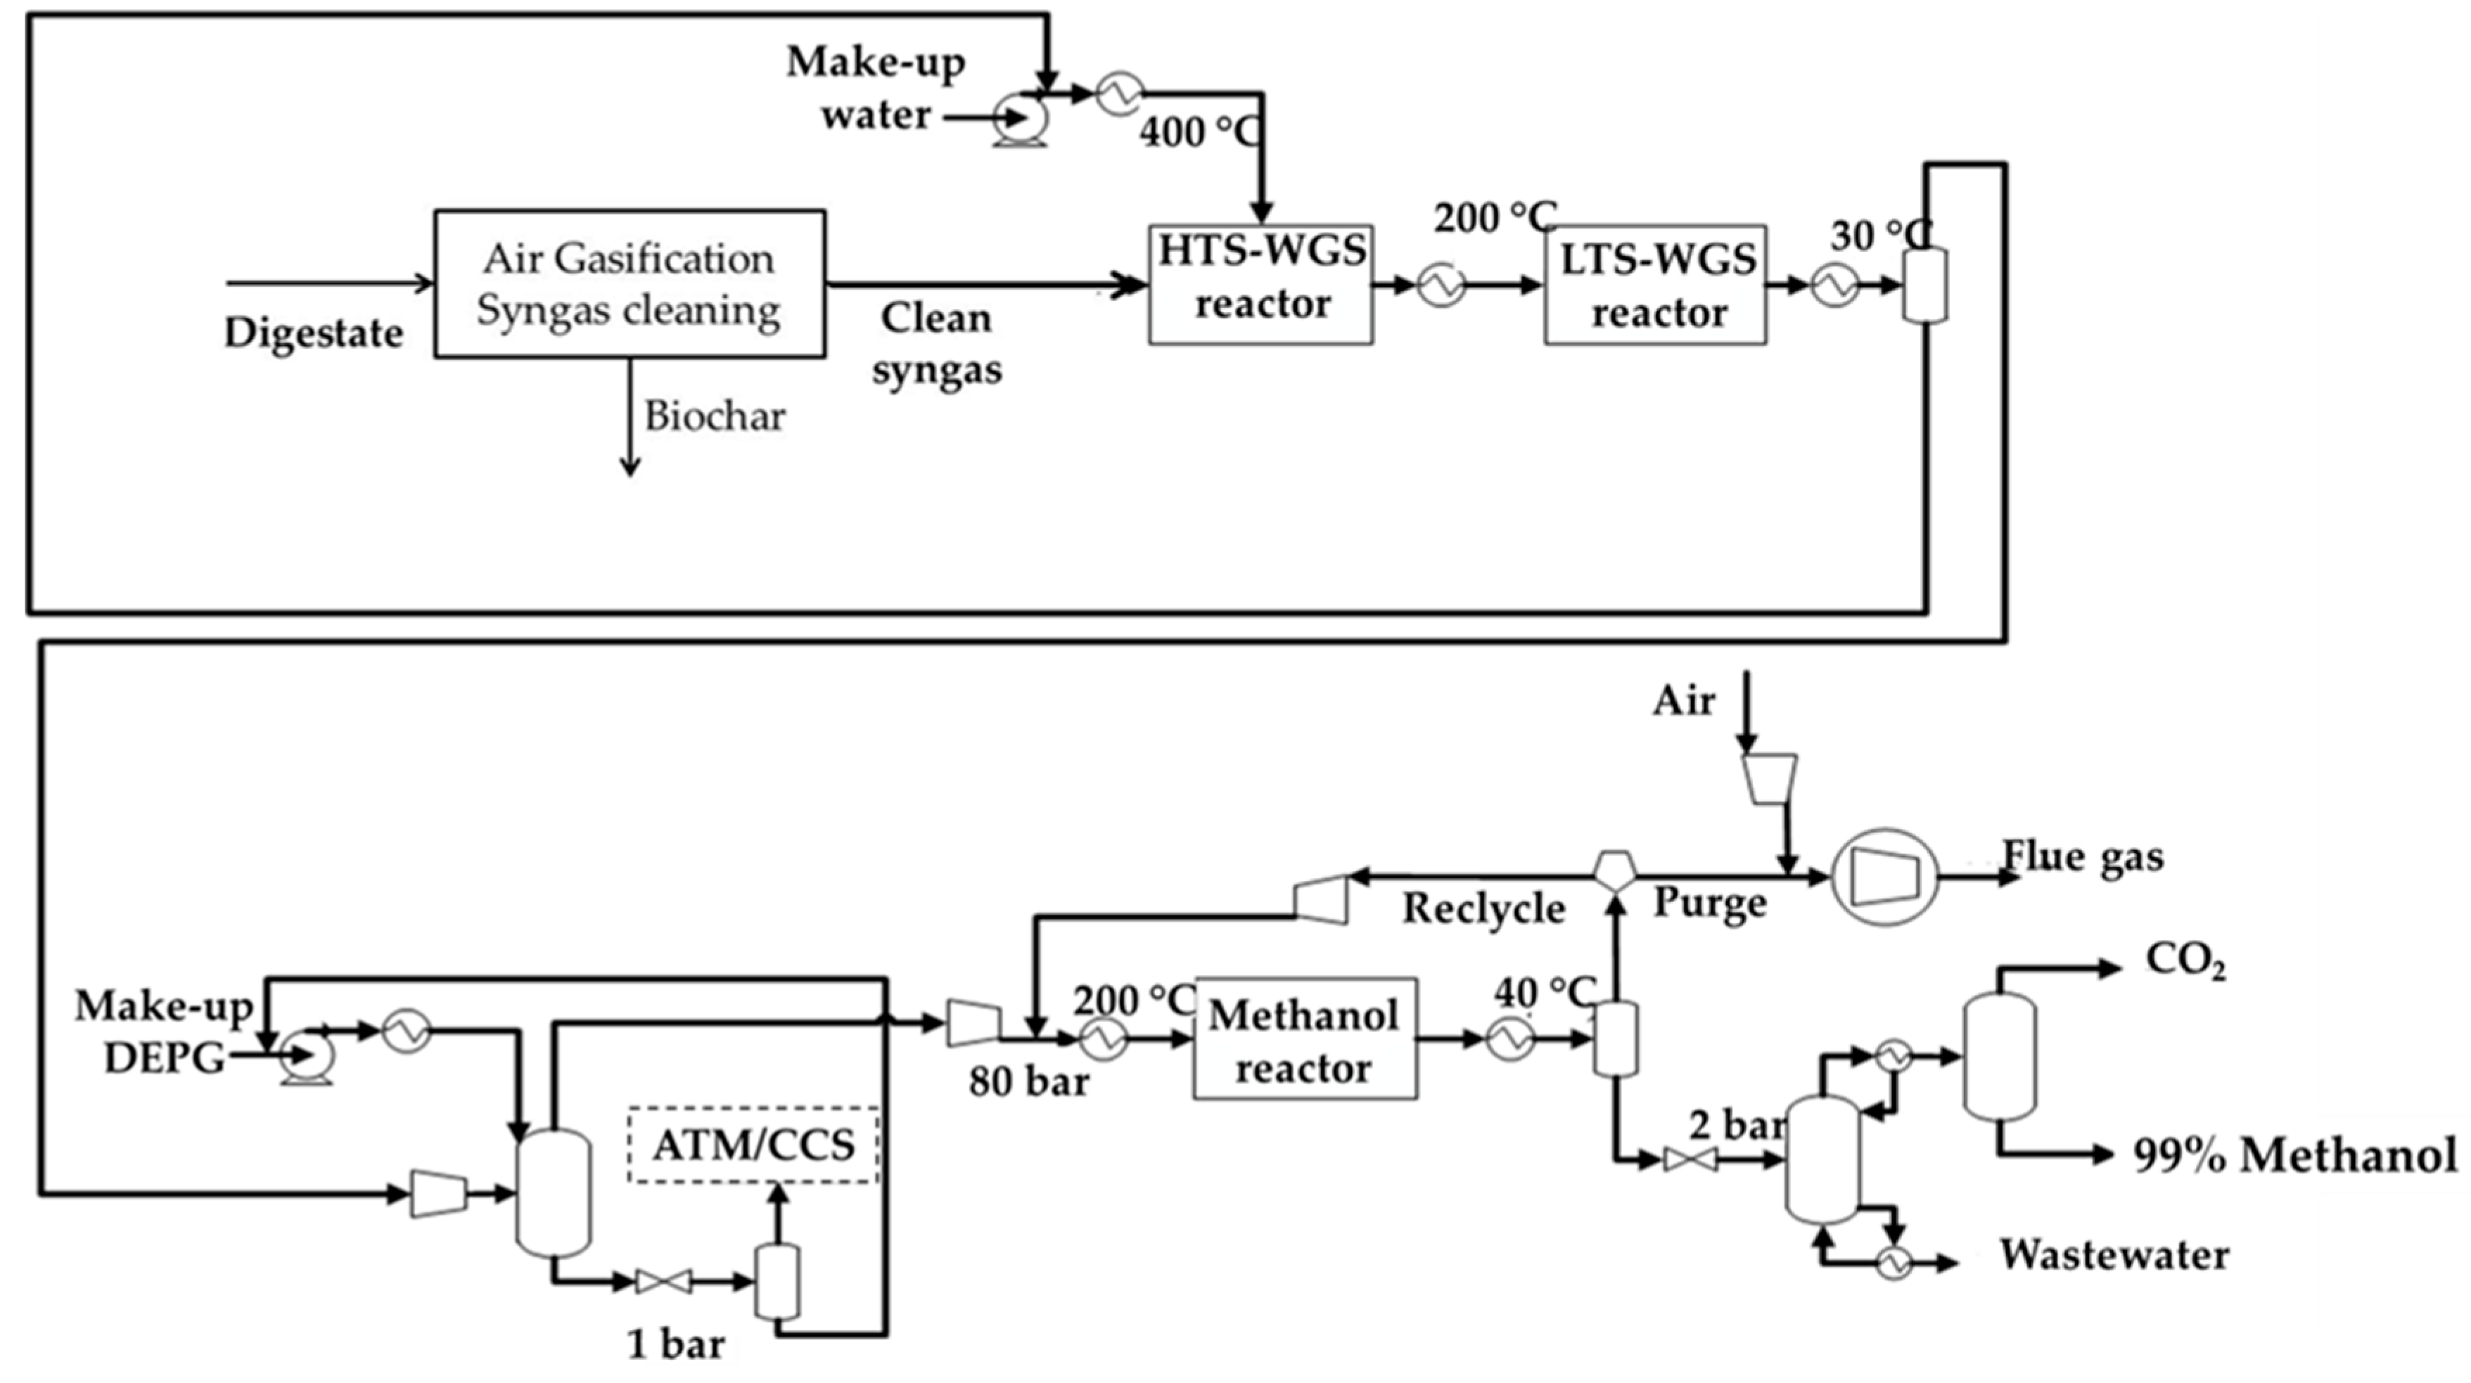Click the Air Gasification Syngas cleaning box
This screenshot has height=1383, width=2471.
pos(630,284)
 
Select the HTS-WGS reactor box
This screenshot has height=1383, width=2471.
pos(1260,284)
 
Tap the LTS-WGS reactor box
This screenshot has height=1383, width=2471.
pos(1654,285)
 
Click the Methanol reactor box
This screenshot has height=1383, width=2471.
pos(1305,1038)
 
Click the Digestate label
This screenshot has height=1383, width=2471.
pos(313,333)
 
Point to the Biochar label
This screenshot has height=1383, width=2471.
pos(715,416)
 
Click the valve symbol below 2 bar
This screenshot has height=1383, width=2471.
pos(1690,1159)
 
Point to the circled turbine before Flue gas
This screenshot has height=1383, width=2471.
pos(1885,877)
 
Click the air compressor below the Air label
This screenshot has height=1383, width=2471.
pos(1769,778)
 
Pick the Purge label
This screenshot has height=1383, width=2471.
pos(1709,903)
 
